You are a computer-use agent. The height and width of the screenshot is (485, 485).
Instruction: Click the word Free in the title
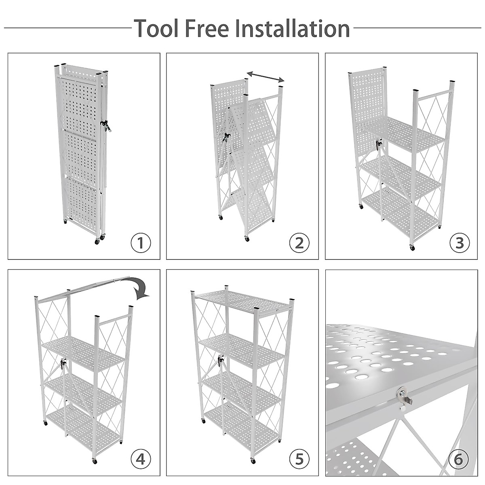[209, 28]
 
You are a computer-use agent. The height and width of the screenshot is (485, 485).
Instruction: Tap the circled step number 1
[140, 243]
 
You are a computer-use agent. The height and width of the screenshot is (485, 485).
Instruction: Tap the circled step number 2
[299, 243]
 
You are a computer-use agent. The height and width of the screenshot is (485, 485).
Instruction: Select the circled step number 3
[460, 243]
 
